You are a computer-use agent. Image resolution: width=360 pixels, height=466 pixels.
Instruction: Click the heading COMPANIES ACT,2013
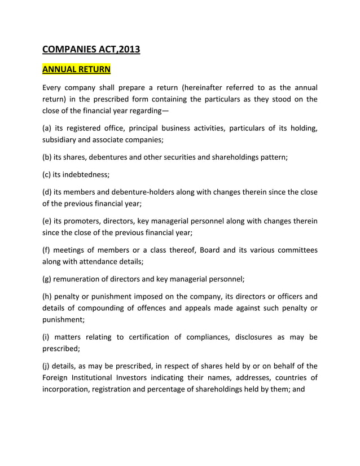(x=91, y=50)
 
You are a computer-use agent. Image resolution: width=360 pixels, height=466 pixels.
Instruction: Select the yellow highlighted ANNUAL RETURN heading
(x=76, y=71)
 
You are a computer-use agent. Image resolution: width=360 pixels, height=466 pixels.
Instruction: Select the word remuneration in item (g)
(x=78, y=279)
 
